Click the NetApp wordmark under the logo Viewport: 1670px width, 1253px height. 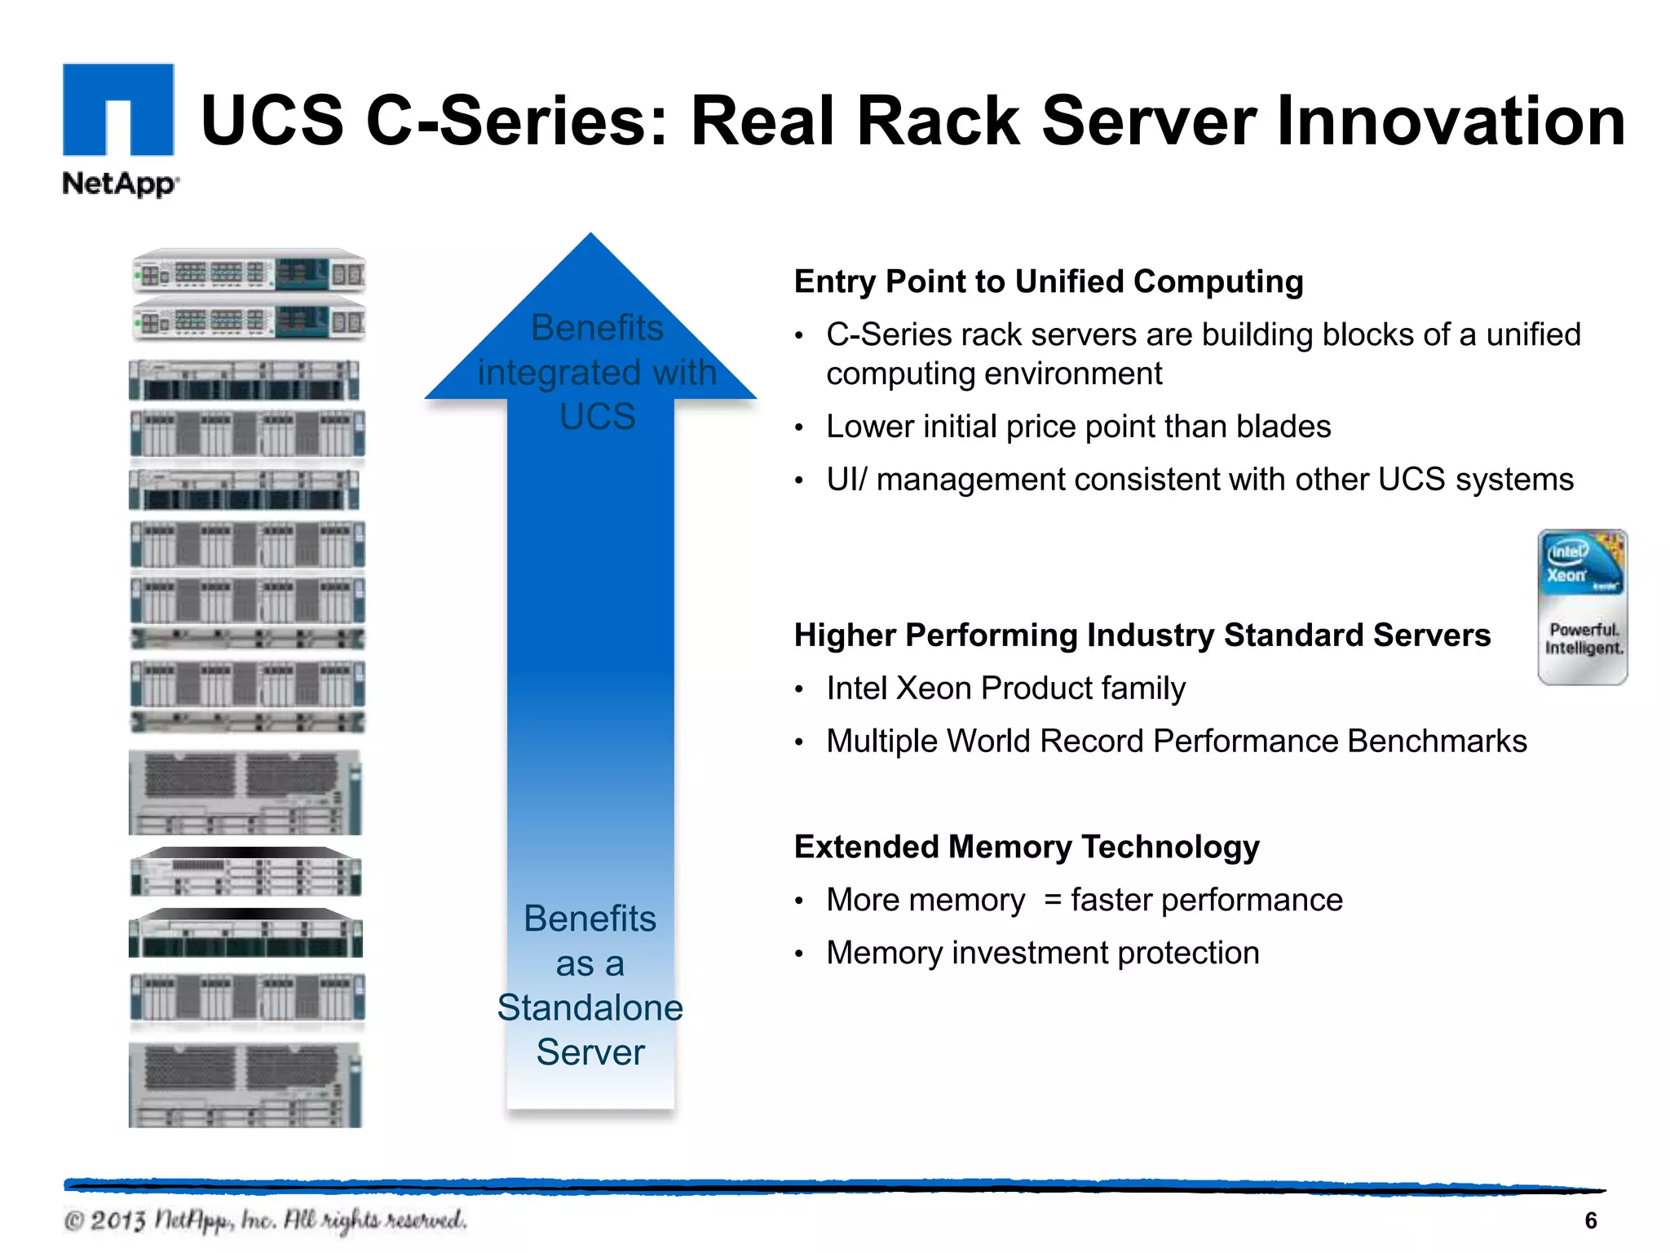[x=120, y=184]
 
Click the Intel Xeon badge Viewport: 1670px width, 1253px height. [x=1582, y=607]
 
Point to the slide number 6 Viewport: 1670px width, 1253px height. [x=1590, y=1220]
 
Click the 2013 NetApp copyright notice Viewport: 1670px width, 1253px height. [x=265, y=1220]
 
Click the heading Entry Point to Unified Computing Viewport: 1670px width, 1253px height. [x=1048, y=281]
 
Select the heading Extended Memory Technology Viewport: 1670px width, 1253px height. [x=1026, y=847]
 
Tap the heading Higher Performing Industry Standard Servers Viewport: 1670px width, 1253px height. [x=1142, y=635]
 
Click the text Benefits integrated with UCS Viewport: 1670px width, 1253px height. [x=597, y=372]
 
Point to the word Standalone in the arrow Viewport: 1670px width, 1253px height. [x=590, y=1008]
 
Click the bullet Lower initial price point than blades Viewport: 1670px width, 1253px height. [x=1078, y=427]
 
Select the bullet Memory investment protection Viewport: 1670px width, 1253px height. [x=1042, y=953]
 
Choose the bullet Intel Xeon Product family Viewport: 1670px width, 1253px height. [x=1005, y=688]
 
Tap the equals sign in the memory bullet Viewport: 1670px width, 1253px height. [x=1053, y=900]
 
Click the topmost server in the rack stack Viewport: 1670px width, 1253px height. [x=249, y=272]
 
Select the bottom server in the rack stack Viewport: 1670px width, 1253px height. [x=245, y=1086]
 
